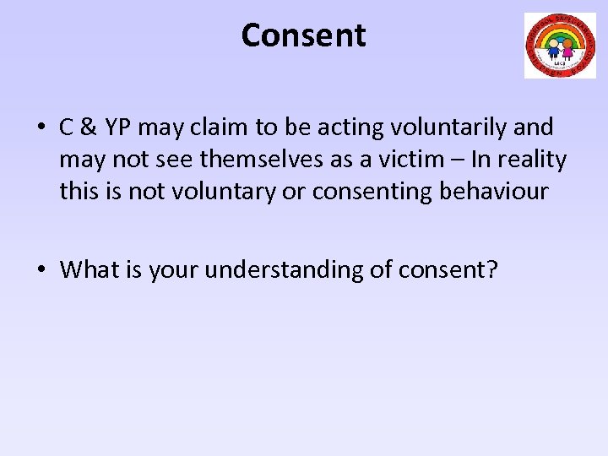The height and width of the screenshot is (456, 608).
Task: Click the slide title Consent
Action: (x=303, y=35)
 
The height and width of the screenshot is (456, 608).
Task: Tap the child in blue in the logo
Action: (x=555, y=47)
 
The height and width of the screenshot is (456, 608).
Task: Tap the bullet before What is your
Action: (x=41, y=270)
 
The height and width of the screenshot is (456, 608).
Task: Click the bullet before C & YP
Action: (x=41, y=128)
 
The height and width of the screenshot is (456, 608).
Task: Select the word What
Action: (x=87, y=270)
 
